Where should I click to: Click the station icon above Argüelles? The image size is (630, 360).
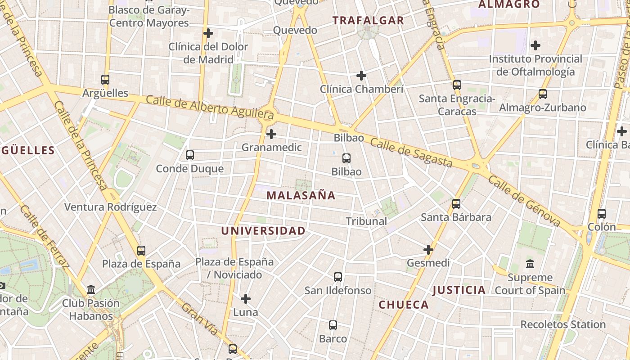(x=105, y=80)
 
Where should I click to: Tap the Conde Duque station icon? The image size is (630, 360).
(x=190, y=155)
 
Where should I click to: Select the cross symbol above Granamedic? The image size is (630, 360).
(x=271, y=134)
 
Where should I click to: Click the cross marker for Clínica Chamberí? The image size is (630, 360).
(x=361, y=76)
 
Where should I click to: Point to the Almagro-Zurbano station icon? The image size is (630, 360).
(x=543, y=94)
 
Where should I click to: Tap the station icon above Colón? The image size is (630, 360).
(x=602, y=214)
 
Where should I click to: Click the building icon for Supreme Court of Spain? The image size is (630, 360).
(x=530, y=264)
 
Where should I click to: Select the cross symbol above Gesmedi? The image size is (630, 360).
(x=428, y=249)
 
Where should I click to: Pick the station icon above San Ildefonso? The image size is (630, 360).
(x=338, y=277)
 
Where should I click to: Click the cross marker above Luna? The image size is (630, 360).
(x=246, y=299)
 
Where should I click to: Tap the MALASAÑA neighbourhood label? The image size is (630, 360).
(x=301, y=195)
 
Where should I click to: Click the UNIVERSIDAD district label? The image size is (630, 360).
(x=263, y=231)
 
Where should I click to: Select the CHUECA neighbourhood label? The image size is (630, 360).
(x=404, y=305)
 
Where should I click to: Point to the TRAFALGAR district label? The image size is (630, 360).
(x=369, y=20)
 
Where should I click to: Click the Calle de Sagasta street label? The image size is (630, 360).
(x=411, y=153)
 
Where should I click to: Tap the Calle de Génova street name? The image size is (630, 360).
(x=524, y=201)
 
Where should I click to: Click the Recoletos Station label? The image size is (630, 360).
(x=563, y=324)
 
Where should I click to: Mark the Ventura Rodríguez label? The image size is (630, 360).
(x=111, y=207)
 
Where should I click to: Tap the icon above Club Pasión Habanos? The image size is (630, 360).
(x=91, y=290)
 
